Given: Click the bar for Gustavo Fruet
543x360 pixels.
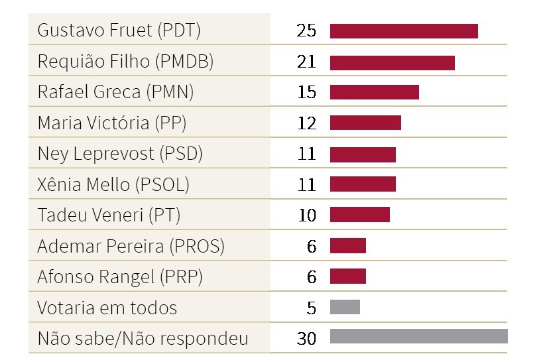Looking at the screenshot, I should [x=404, y=31].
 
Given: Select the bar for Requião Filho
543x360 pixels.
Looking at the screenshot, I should [x=392, y=62].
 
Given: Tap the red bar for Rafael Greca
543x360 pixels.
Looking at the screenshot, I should [x=374, y=92].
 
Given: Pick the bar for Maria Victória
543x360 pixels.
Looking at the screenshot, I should [x=365, y=123].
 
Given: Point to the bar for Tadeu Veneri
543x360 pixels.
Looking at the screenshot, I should [x=359, y=215].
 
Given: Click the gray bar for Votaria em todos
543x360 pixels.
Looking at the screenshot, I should [x=345, y=307].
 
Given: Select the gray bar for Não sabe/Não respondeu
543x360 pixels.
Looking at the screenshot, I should [x=418, y=337].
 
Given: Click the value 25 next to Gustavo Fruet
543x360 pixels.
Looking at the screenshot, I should [x=307, y=31].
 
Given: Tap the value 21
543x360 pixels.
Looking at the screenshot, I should [x=307, y=62].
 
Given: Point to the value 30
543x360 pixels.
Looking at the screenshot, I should [x=307, y=338].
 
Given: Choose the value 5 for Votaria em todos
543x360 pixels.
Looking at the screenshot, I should [x=312, y=308].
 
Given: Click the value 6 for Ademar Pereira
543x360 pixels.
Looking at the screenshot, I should [x=312, y=246].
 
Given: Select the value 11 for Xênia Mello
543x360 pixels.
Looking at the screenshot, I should [x=307, y=184].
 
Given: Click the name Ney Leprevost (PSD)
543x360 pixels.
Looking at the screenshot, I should [x=120, y=154].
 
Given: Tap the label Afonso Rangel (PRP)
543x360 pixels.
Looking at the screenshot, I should [x=120, y=276].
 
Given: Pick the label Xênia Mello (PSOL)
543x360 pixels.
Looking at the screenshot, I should [x=113, y=184].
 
